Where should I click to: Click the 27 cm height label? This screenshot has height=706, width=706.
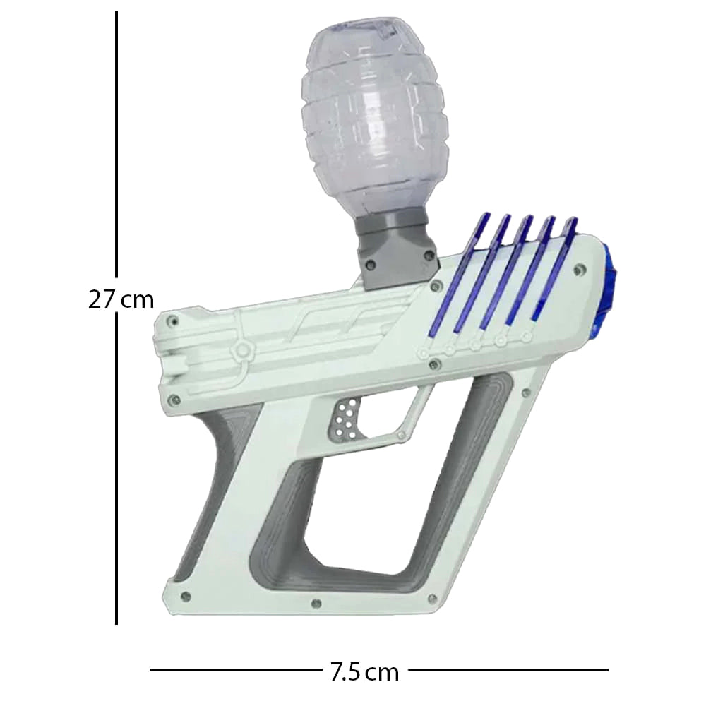(x=121, y=299)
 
